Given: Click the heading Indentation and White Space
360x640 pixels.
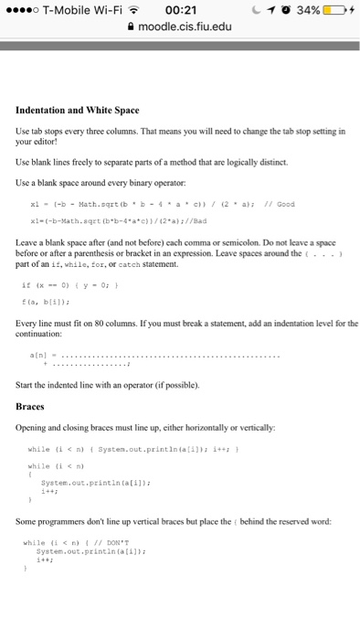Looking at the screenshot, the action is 78,111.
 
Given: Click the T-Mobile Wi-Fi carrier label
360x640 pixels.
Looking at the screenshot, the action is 79,11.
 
